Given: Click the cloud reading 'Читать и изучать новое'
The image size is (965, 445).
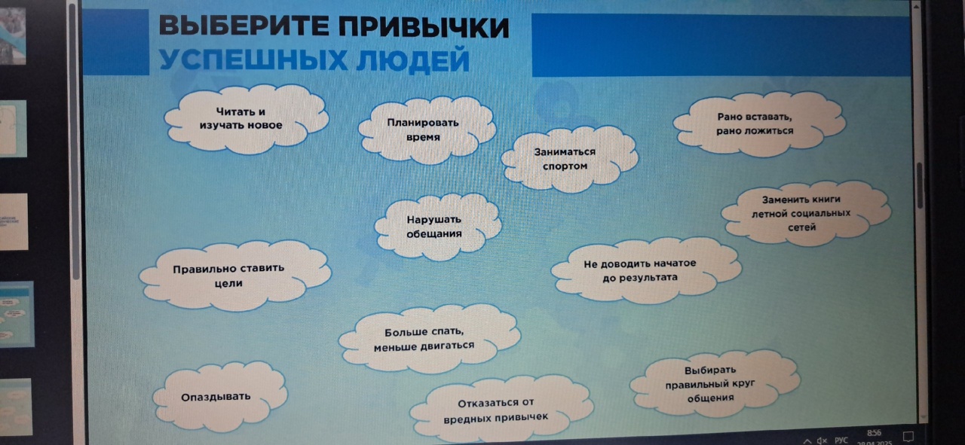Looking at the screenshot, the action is point(247,119).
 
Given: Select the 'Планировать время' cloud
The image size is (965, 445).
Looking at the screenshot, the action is point(427,130).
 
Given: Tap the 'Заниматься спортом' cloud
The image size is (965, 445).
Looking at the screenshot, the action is point(568,159).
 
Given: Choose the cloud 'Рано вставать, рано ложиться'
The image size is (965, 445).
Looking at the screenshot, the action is point(758,124).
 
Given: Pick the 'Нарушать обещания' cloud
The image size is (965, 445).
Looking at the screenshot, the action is point(437,227).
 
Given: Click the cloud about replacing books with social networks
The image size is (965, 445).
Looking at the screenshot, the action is point(806,213).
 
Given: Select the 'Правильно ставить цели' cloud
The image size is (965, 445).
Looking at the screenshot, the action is point(234,276).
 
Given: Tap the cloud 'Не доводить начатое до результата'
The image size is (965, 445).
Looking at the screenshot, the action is point(645,270).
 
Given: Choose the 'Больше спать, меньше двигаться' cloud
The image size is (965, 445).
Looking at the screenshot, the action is point(429,339).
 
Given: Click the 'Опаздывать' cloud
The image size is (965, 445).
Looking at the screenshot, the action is point(219,397).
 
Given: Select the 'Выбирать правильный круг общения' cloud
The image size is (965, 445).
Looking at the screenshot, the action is point(715,384).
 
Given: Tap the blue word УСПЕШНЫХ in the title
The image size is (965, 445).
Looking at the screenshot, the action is point(253,59).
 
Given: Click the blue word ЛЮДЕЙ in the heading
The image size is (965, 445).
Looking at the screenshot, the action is point(412,61).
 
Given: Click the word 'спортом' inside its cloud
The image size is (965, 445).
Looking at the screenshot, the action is point(565,166).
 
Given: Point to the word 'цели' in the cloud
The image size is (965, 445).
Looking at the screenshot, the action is point(228,284).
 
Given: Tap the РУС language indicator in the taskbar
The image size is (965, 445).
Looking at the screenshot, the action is point(841,440).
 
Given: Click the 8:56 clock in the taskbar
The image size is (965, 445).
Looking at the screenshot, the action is point(874,432).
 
